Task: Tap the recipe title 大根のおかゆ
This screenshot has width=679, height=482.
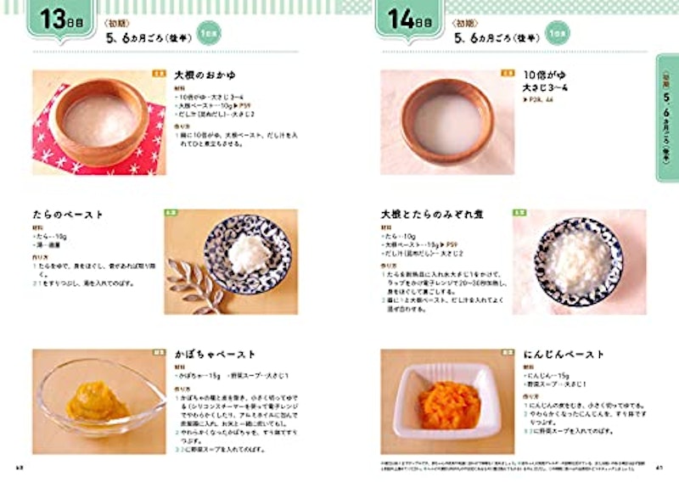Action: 205,75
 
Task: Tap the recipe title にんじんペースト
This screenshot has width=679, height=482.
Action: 561,354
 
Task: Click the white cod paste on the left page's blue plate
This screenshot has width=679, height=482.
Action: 250,253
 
